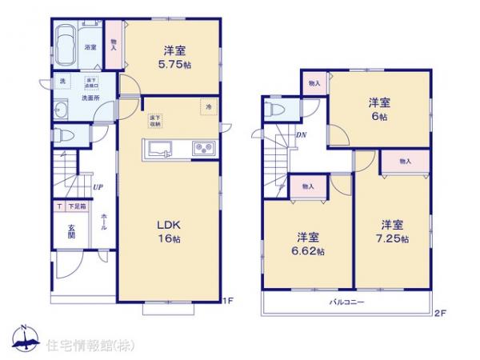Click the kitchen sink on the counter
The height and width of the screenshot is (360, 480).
point(158,148)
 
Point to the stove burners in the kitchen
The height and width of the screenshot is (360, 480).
point(201,148)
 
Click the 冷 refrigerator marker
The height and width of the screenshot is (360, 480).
point(207,106)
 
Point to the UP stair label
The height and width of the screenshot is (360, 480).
point(96,188)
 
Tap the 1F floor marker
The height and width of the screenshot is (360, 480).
point(229,301)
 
